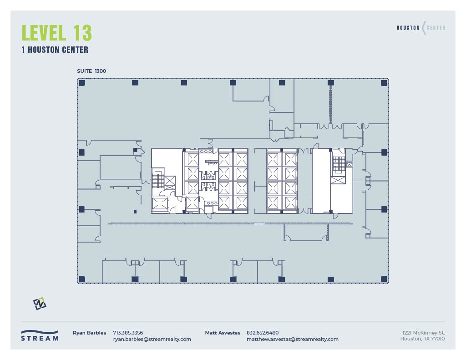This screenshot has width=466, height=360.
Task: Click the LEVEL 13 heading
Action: click(x=57, y=33)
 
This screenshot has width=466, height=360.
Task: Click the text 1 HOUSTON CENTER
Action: click(x=55, y=50)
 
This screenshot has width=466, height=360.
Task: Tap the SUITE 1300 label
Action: click(x=92, y=71)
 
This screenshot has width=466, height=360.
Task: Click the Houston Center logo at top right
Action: click(x=421, y=28)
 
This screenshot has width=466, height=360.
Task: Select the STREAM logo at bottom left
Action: click(x=40, y=335)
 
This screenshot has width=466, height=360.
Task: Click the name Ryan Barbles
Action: click(x=90, y=333)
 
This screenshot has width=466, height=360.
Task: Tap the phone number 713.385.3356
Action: click(x=128, y=333)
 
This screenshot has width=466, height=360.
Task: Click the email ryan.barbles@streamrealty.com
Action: click(x=152, y=339)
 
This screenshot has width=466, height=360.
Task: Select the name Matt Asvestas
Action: click(x=223, y=333)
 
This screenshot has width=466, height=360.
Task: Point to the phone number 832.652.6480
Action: click(x=263, y=333)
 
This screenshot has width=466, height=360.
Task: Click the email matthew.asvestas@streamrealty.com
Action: click(x=293, y=339)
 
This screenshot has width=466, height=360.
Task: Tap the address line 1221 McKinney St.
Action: click(x=424, y=333)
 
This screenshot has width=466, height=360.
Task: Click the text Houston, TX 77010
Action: click(x=423, y=339)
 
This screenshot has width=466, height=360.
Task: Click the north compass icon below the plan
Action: click(x=40, y=304)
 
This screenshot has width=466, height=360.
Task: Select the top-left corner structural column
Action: click(x=82, y=83)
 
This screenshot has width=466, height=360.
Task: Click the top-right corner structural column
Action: click(x=384, y=83)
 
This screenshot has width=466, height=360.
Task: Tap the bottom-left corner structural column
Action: click(x=82, y=279)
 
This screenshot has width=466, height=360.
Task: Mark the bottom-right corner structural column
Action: click(x=384, y=279)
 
